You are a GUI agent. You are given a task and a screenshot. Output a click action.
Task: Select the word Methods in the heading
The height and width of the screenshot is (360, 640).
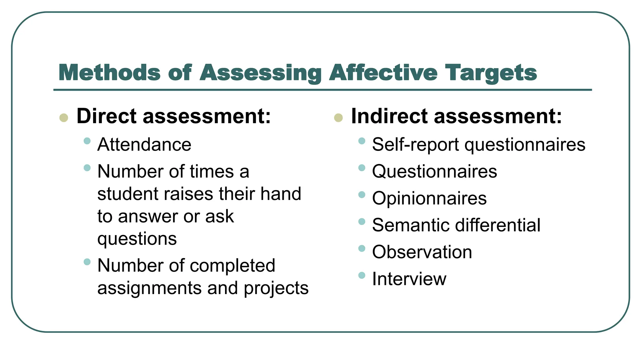coord(109,72)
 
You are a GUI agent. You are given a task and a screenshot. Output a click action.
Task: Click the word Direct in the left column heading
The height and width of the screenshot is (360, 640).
coord(106,116)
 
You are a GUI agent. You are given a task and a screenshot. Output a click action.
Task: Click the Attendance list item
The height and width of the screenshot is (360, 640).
coord(144,144)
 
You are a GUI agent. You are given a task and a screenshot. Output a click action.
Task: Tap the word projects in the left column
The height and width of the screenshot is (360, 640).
coord(276,288)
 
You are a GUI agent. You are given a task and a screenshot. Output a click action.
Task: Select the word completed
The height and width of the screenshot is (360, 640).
coord(232,266)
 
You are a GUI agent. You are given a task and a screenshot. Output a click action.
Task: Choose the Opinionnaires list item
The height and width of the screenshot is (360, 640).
coord(429,198)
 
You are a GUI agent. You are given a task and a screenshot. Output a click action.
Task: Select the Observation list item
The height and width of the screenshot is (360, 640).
coord(422,252)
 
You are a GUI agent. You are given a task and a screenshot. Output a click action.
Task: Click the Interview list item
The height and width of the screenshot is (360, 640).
coord(409,279)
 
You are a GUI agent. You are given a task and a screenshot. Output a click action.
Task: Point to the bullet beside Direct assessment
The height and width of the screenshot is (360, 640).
coord(64,118)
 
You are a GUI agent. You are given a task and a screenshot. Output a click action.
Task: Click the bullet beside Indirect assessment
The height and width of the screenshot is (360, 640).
coord(338,118)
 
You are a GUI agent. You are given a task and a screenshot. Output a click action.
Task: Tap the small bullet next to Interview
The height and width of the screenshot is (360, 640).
coord(362,275)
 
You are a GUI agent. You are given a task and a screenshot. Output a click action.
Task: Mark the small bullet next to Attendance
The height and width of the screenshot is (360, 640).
coord(87,141)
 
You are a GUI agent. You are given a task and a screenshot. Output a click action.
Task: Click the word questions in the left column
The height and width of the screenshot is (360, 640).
coord(137,239)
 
